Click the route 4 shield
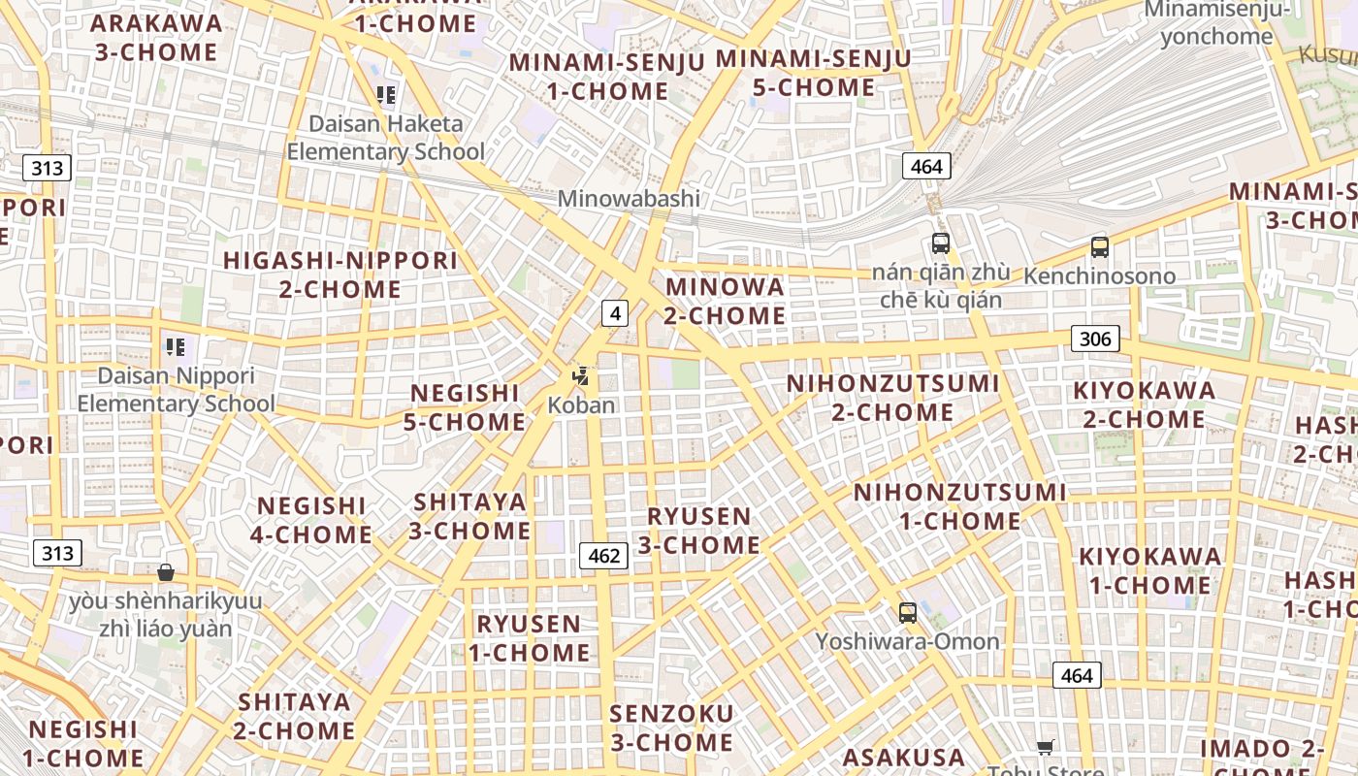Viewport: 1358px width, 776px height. click(615, 312)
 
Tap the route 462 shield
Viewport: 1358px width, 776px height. click(603, 555)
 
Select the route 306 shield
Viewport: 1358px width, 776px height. click(1095, 339)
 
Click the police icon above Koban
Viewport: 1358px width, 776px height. click(581, 376)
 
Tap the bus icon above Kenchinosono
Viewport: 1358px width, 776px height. click(1099, 247)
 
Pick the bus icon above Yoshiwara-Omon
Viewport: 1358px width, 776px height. click(907, 612)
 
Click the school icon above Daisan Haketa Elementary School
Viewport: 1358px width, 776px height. click(386, 95)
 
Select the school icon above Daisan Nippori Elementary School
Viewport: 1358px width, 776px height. click(176, 346)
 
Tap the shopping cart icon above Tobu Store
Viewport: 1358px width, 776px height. click(1045, 747)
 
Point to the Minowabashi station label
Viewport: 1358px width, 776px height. click(629, 199)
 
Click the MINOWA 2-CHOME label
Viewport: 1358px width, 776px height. click(725, 301)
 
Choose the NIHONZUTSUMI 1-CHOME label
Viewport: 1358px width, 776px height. click(959, 506)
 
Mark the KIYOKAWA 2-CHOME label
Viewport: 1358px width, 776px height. click(1144, 404)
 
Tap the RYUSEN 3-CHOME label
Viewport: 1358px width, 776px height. click(698, 530)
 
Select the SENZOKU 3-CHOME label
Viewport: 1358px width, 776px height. click(671, 727)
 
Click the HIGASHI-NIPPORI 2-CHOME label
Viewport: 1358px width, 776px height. click(339, 275)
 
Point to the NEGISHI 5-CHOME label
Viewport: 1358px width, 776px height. click(467, 407)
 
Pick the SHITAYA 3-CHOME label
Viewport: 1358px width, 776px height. click(469, 516)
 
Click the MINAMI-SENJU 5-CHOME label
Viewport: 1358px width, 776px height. click(814, 73)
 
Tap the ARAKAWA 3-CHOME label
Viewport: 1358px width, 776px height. click(156, 37)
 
